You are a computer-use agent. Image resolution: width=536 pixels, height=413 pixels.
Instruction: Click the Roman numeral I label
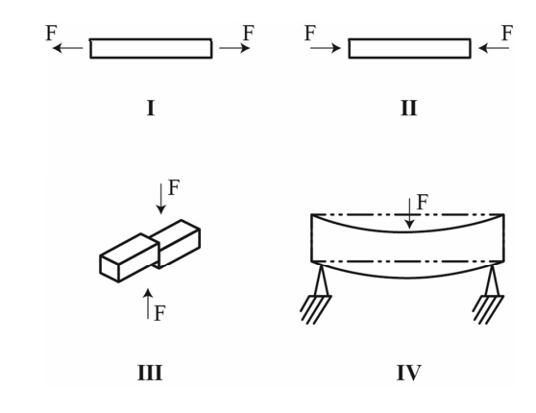151,108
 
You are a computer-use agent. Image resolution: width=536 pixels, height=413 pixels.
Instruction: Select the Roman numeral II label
409,108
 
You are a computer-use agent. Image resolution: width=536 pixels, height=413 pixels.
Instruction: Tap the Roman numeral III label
150,373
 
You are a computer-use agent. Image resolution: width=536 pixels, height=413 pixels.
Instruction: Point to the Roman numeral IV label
409,373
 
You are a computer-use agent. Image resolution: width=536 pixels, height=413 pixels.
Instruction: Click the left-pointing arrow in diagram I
67,48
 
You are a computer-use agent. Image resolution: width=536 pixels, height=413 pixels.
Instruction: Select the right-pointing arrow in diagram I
234,48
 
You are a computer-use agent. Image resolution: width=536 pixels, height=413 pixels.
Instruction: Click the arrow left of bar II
326,48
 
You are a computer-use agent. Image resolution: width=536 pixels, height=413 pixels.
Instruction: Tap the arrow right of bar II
494,48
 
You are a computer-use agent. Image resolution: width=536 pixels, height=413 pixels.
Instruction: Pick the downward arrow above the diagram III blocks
160,199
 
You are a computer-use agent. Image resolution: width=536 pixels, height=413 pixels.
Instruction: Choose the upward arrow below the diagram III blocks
148,304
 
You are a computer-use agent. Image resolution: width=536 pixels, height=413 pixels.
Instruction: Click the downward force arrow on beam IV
409,213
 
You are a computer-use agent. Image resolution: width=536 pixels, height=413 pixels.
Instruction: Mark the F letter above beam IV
423,202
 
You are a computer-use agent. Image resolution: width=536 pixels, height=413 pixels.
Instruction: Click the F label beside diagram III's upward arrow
160,313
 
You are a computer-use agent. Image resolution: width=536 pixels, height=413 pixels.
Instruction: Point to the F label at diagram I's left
51,34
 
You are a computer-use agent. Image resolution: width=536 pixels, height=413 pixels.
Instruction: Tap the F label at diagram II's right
507,34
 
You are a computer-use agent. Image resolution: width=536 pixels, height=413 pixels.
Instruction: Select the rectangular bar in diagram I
151,49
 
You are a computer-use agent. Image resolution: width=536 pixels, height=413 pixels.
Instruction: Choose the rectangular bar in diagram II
409,49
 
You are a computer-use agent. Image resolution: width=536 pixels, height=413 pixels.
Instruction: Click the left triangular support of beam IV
321,281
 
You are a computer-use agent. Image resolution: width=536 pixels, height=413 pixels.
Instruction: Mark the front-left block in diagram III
130,258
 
